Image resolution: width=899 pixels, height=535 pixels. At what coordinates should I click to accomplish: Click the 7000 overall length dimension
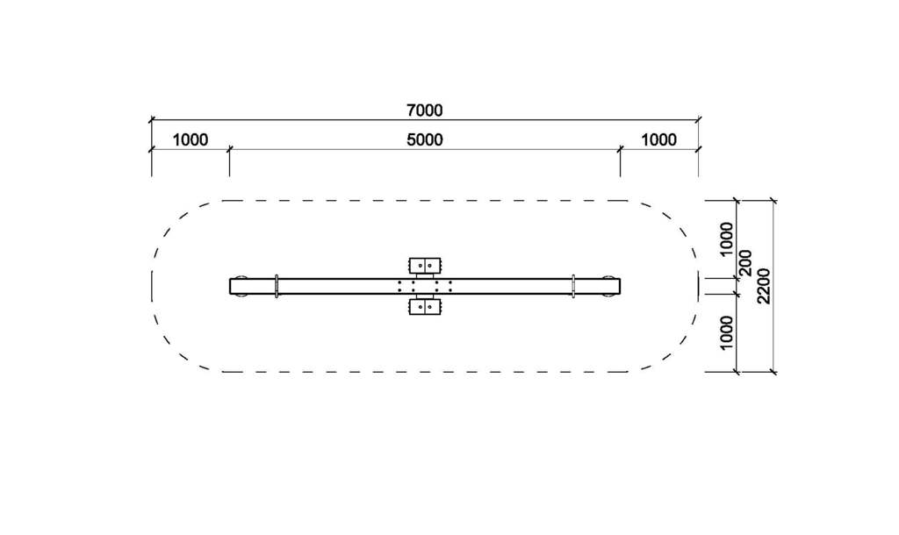tap(425, 111)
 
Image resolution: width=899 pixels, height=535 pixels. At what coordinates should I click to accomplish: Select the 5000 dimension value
tap(425, 139)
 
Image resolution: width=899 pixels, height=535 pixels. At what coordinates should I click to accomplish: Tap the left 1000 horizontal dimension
tap(190, 139)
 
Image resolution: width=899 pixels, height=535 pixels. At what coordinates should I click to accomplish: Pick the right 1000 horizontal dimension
tap(658, 139)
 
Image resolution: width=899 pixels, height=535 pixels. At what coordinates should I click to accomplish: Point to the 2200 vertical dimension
tap(763, 286)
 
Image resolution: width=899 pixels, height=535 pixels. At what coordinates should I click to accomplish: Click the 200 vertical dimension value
tap(745, 263)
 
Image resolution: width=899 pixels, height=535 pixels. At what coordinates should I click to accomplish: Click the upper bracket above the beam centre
tap(426, 265)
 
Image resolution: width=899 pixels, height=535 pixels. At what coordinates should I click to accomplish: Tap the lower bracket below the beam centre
tap(426, 307)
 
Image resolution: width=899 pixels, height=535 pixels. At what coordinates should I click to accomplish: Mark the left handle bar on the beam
tap(277, 286)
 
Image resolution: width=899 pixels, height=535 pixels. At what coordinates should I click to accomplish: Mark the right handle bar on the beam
tap(573, 286)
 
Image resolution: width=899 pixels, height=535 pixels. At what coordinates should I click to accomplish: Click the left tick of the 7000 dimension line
tap(151, 119)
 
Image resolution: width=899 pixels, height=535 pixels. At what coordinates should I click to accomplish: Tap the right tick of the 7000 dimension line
tap(698, 119)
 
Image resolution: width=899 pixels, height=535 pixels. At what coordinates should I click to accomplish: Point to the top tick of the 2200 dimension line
tap(773, 201)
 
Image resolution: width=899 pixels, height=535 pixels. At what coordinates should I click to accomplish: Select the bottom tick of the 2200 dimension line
tap(773, 372)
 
